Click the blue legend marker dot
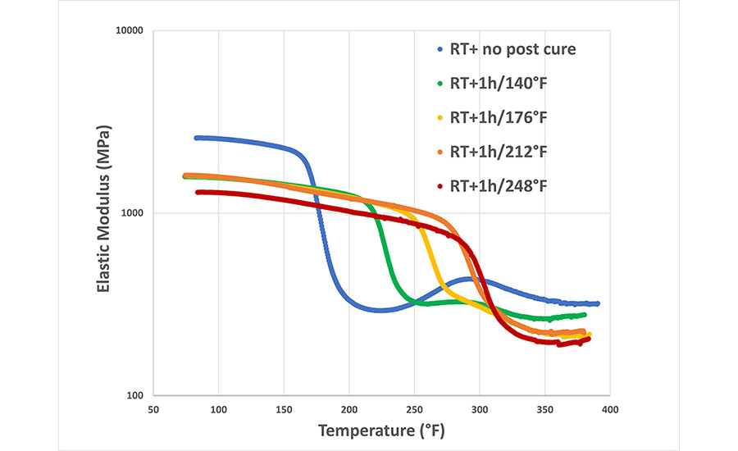(x=442, y=50)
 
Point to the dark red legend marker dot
(x=442, y=186)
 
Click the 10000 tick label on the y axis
(x=127, y=31)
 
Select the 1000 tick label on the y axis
(x=130, y=213)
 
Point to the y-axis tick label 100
(x=134, y=395)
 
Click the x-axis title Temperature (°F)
(x=382, y=430)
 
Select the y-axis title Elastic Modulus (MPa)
(x=103, y=213)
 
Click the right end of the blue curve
(x=598, y=303)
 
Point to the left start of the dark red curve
(x=198, y=193)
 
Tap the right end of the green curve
(x=584, y=315)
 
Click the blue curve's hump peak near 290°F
(x=468, y=279)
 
